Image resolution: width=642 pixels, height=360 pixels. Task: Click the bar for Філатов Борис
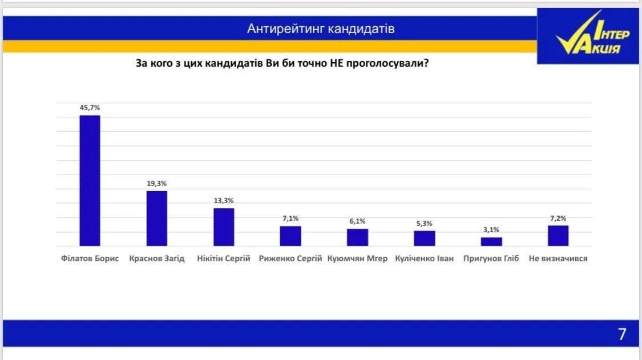pos(90,180)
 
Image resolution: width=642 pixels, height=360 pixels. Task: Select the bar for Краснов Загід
pos(157,218)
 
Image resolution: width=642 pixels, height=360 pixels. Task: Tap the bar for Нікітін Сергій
pos(224,226)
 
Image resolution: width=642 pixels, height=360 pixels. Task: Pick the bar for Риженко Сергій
pos(290,236)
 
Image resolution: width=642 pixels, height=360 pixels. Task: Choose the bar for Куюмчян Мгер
pos(357,237)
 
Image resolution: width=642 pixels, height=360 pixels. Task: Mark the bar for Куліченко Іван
pos(425,238)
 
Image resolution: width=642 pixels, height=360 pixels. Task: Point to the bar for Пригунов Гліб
pos(491,241)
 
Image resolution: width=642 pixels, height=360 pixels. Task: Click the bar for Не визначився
pos(558,235)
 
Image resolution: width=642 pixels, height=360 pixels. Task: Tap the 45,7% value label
pos(90,107)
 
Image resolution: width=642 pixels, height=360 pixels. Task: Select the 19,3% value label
pos(157,183)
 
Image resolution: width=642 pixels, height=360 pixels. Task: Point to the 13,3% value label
pos(224,200)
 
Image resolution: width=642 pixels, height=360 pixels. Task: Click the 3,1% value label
pos(491,229)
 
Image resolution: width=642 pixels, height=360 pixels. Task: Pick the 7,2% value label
pos(558,218)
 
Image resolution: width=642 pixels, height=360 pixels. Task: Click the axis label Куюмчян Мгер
pos(357,258)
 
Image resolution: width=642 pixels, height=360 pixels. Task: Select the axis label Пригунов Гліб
pos(491,258)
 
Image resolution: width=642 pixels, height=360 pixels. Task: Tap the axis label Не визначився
pos(558,258)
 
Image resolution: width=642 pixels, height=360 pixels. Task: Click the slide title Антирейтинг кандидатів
pos(321,29)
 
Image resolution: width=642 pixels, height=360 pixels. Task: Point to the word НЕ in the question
pos(336,63)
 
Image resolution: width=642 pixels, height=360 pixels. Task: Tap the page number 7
pos(622,334)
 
